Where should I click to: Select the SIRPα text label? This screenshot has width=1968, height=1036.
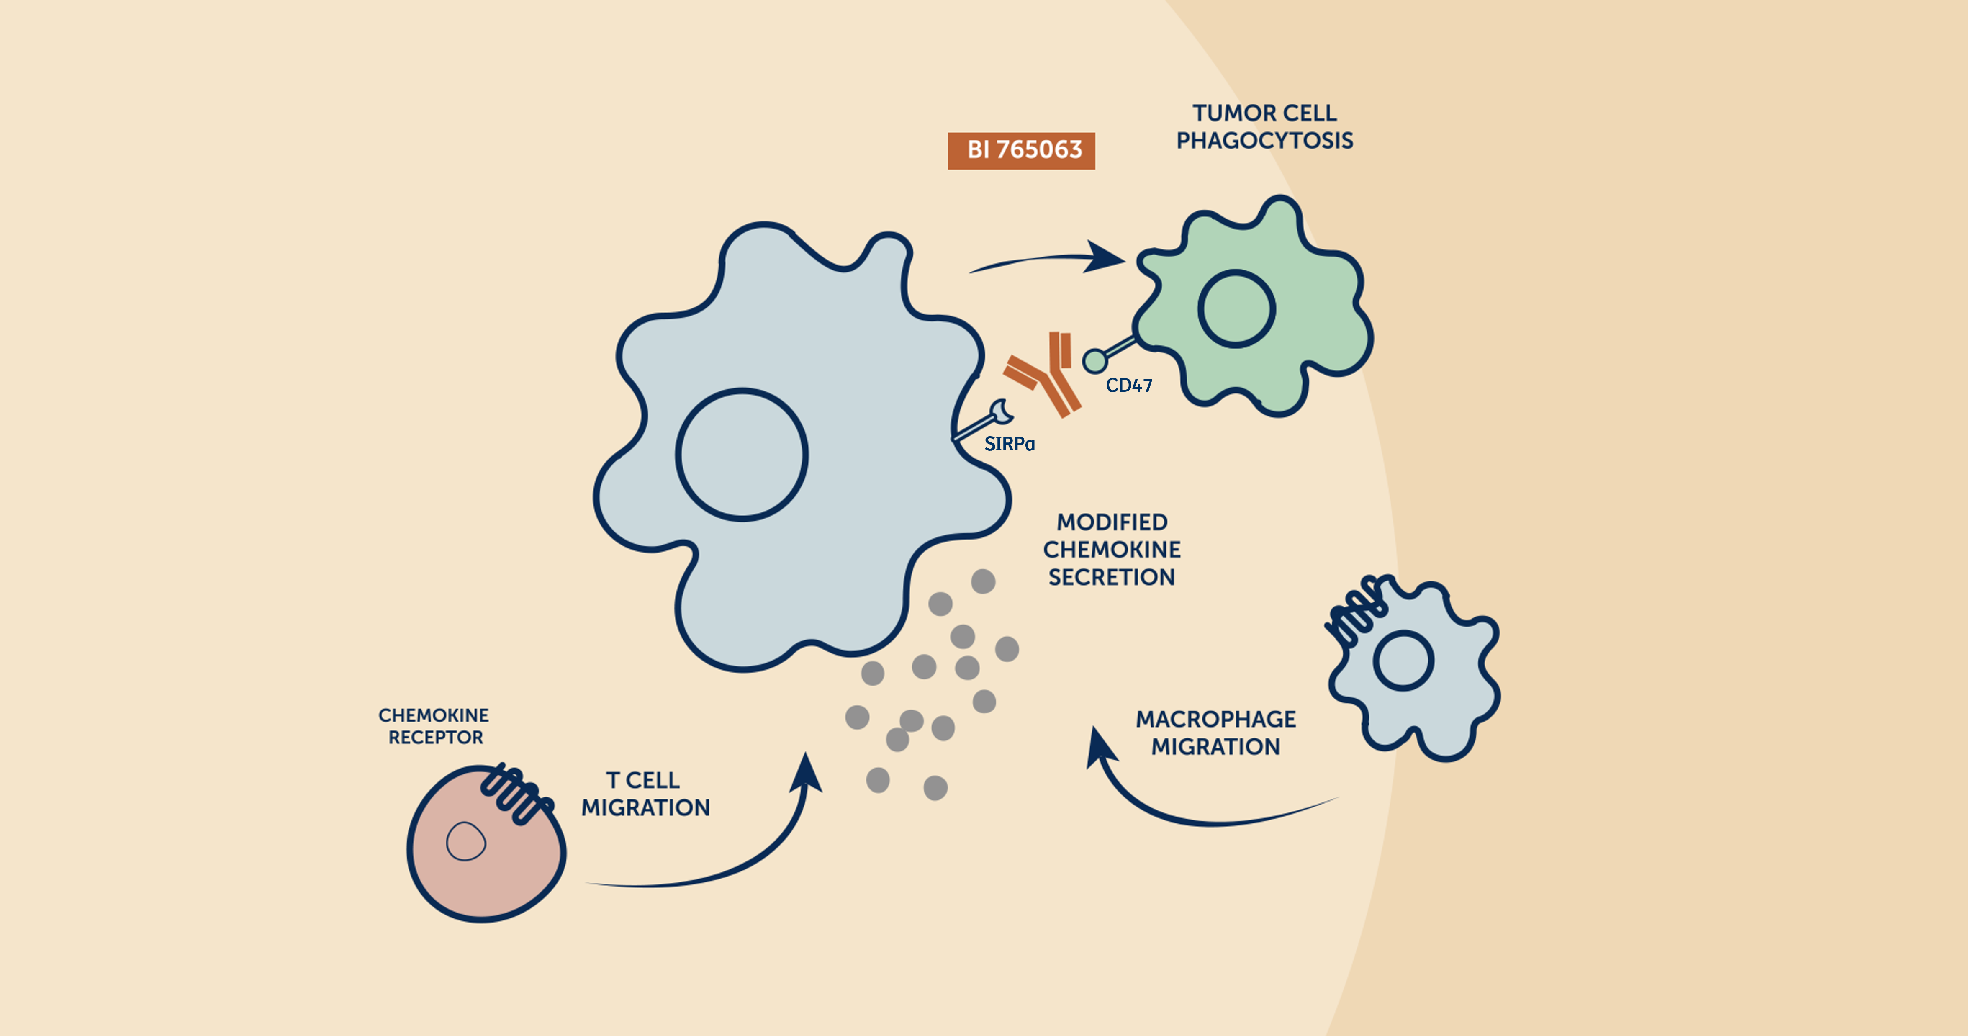click(1009, 444)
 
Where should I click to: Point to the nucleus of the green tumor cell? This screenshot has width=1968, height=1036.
click(1236, 309)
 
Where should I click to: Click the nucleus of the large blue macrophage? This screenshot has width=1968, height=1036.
click(742, 455)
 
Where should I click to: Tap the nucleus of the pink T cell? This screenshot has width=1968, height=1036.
click(465, 841)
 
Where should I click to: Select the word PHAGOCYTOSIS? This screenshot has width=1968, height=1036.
click(1264, 141)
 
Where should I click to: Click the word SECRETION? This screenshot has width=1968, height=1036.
click(1112, 578)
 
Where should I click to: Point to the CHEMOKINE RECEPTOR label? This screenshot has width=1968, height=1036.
click(434, 726)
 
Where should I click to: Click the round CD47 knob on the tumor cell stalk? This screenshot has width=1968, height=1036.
click(1095, 361)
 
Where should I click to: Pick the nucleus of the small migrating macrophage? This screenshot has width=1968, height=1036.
click(1403, 661)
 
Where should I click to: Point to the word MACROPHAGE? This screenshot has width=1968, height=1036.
click(1215, 720)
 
